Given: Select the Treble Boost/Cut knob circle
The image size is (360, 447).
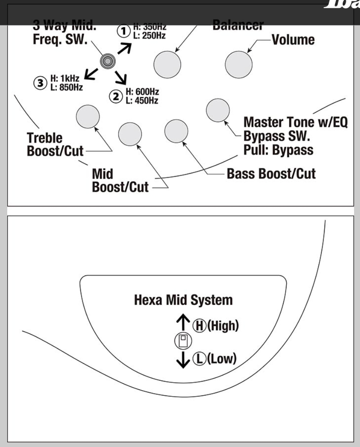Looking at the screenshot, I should [87, 115].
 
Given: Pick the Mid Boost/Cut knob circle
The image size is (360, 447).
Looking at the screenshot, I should [130, 134].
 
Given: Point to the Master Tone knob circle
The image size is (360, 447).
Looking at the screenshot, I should [218, 110].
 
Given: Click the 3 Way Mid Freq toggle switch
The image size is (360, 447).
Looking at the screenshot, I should [108, 62].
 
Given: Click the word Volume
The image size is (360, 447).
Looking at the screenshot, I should [293, 40].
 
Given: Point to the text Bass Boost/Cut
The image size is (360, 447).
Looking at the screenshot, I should [271, 174].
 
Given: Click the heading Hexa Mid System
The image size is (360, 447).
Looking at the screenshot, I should [183, 300].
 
